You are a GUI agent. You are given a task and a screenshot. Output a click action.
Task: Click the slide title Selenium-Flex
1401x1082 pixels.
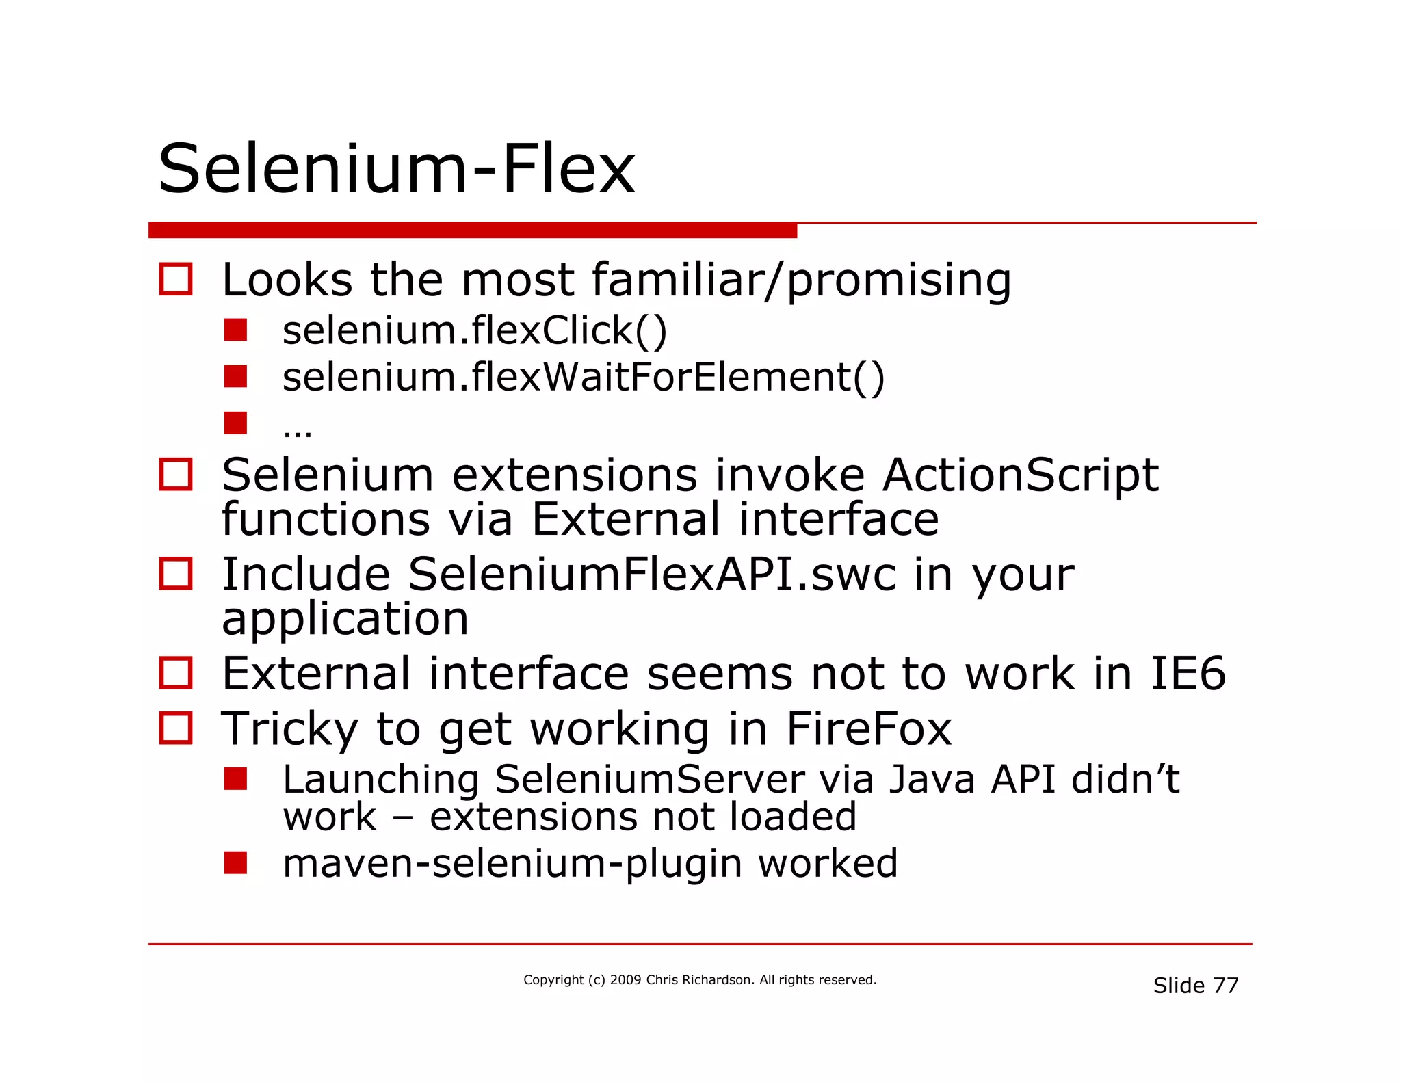pyautogui.click(x=396, y=169)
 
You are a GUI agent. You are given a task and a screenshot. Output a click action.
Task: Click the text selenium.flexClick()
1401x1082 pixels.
pyautogui.click(x=474, y=330)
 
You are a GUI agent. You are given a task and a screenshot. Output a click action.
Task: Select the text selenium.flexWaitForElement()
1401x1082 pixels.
pyautogui.click(x=584, y=377)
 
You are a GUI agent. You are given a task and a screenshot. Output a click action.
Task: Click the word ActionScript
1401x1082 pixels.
pyautogui.click(x=1020, y=475)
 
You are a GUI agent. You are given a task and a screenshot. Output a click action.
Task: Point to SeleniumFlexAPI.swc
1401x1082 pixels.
pyautogui.click(x=651, y=575)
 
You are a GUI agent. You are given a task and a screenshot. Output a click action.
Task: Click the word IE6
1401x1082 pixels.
pyautogui.click(x=1188, y=674)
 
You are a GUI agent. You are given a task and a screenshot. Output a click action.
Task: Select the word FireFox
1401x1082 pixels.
pyautogui.click(x=868, y=729)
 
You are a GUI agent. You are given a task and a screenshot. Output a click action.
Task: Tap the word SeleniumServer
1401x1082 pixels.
pyautogui.click(x=649, y=780)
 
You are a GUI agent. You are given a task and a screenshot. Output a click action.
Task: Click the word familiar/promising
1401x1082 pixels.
pyautogui.click(x=801, y=280)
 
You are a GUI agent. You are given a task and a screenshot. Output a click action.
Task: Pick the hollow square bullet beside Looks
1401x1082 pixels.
pyautogui.click(x=176, y=279)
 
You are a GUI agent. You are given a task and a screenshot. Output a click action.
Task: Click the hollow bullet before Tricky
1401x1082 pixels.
pyautogui.click(x=176, y=728)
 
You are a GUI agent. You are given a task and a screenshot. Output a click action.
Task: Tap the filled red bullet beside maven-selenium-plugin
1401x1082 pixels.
pyautogui.click(x=235, y=862)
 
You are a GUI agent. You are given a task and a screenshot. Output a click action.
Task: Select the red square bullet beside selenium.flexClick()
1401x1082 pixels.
pyautogui.click(x=235, y=330)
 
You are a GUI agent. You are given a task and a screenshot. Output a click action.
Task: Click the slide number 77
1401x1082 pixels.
pyautogui.click(x=1225, y=986)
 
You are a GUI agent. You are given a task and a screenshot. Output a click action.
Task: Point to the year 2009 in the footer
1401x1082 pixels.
pyautogui.click(x=625, y=980)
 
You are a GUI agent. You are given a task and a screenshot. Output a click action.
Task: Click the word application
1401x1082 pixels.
pyautogui.click(x=345, y=619)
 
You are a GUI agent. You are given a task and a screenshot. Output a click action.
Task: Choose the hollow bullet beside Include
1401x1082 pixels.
pyautogui.click(x=176, y=574)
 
